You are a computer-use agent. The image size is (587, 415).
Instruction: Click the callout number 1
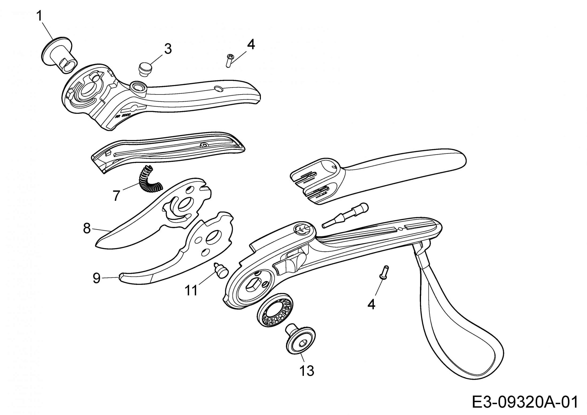(39, 16)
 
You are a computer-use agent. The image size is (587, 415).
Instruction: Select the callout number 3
(168, 49)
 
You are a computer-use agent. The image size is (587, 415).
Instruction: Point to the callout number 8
(87, 228)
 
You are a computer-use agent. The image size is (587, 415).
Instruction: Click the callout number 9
(96, 278)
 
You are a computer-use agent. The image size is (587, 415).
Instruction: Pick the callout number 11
(191, 290)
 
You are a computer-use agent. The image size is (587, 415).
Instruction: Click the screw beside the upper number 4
(229, 60)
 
